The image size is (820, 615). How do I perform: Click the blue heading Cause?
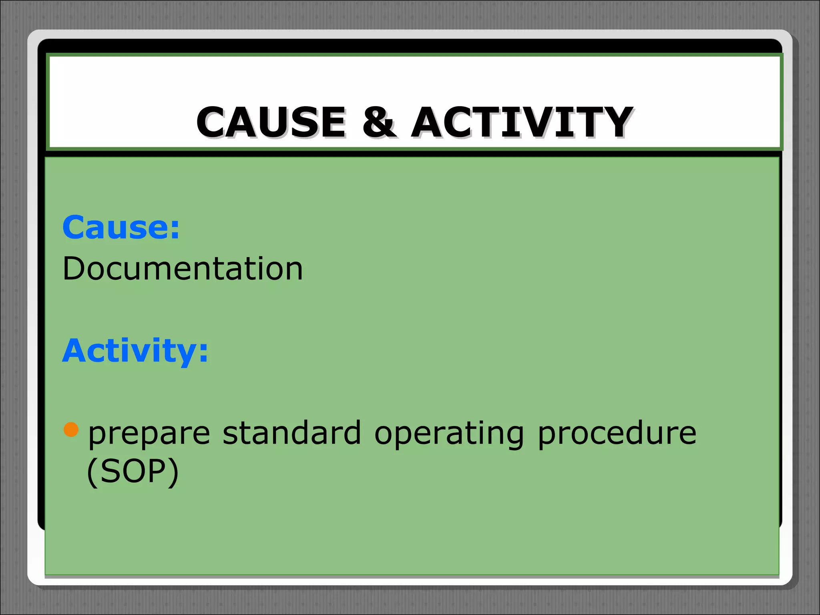[x=121, y=227]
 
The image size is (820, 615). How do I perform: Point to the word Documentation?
[x=183, y=269]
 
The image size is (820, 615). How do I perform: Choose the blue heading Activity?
[x=135, y=351]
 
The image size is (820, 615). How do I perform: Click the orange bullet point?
[x=71, y=429]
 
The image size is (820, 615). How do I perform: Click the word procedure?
[x=617, y=433]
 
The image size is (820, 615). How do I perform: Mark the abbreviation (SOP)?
[x=133, y=472]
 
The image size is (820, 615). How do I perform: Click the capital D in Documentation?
[x=75, y=269]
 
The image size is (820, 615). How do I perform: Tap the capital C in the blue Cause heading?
[x=75, y=227]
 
